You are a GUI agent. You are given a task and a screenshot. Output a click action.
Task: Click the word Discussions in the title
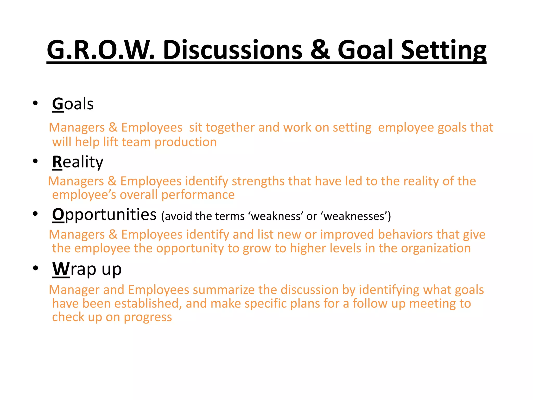[x=233, y=50]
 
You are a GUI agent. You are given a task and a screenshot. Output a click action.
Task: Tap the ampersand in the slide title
[x=320, y=50]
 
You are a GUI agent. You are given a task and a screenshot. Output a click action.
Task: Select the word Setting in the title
[x=443, y=50]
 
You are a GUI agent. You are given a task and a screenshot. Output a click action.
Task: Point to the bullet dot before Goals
[x=35, y=103]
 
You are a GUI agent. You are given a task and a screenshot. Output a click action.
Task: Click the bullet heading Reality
[x=78, y=162]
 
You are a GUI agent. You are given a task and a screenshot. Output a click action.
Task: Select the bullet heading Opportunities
[x=104, y=215]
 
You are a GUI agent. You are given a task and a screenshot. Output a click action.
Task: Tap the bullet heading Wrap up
[x=87, y=269]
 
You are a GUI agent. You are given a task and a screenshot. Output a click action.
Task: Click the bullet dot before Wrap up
[x=35, y=268]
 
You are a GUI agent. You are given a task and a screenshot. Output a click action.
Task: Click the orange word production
[x=186, y=142]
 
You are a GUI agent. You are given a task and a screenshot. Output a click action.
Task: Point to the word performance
[x=198, y=195]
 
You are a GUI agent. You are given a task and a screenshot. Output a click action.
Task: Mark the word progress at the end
[x=148, y=317]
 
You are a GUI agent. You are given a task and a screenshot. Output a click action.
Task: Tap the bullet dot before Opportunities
[x=35, y=214]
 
